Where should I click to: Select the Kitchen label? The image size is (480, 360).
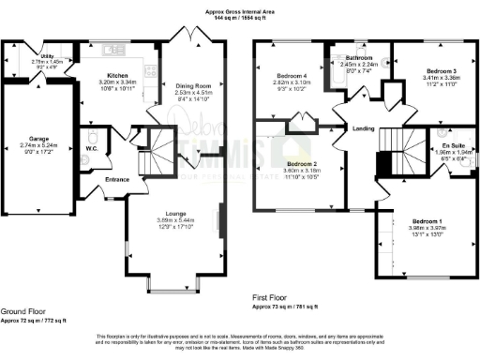click(117, 73)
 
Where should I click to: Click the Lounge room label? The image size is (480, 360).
click(172, 214)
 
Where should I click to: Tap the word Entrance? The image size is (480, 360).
click(117, 179)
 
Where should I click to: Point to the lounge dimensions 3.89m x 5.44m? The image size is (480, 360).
click(172, 220)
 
